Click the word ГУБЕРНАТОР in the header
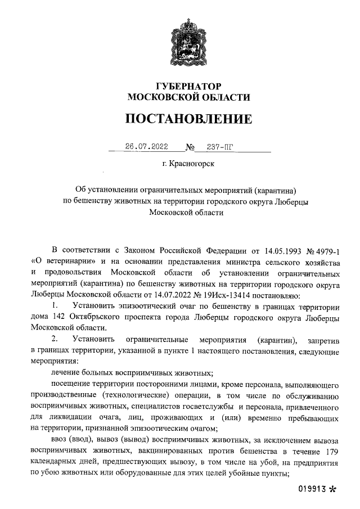pos(188,86)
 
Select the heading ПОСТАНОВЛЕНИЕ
pos(188,119)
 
